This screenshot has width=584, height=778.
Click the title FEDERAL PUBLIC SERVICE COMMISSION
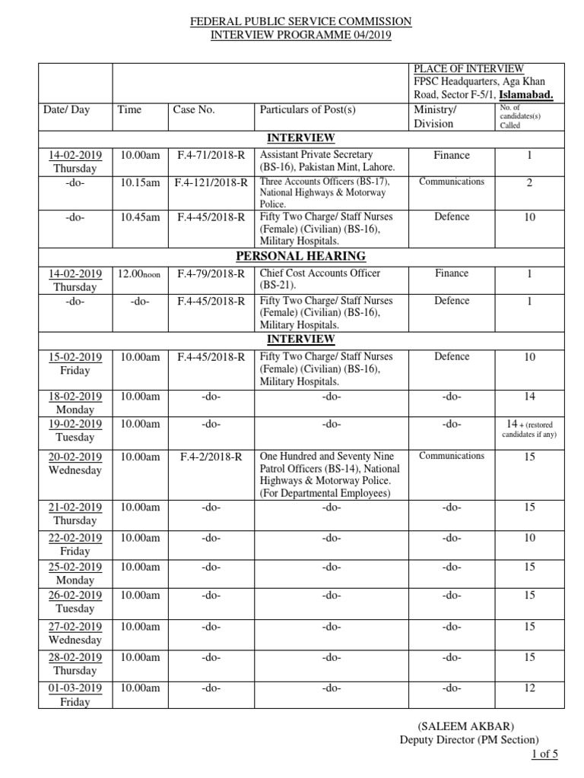tap(300, 22)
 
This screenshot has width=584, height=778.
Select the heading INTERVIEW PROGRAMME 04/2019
tap(300, 36)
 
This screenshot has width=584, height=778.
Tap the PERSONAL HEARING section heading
tap(300, 256)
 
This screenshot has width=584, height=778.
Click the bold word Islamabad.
tap(525, 95)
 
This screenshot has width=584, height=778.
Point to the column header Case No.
tap(194, 109)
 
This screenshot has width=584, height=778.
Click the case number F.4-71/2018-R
tap(207, 155)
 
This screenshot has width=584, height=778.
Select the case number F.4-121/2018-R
tap(211, 182)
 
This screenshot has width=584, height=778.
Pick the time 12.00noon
tap(139, 274)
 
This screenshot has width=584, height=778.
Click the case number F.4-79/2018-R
tap(207, 274)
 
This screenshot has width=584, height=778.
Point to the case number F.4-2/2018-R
tap(211, 457)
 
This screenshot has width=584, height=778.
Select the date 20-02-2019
tap(75, 457)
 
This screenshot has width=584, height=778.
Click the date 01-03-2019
tap(75, 688)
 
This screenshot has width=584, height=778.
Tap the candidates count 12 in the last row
tap(529, 688)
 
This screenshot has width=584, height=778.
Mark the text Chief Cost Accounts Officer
tap(320, 274)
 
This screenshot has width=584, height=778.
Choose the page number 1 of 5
tap(544, 754)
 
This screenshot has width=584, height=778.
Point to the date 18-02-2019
tap(75, 396)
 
